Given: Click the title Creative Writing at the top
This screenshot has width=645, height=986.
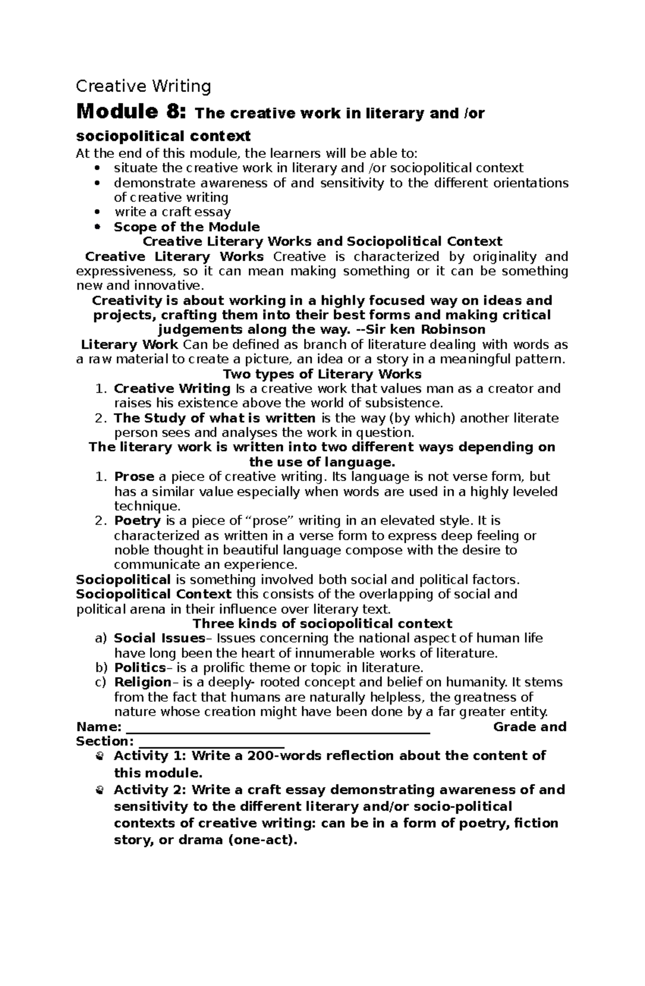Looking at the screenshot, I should point(144,86).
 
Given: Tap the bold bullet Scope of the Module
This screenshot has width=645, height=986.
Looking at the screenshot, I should point(187,227).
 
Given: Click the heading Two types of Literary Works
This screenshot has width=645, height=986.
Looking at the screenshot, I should point(322,374).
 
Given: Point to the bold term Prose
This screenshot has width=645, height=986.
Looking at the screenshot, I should point(134,477).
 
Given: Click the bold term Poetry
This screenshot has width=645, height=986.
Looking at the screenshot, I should point(137,521).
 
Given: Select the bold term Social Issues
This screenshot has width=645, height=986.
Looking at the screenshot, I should point(160,638).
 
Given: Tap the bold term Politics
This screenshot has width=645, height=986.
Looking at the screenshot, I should point(140,668).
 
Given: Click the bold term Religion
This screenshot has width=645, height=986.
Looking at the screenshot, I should point(142,682).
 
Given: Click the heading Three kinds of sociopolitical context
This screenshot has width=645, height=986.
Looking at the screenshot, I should point(322,624).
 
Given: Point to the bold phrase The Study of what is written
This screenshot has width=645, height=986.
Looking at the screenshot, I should point(214,418).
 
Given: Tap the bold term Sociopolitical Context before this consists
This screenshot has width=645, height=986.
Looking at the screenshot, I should point(154,594).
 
